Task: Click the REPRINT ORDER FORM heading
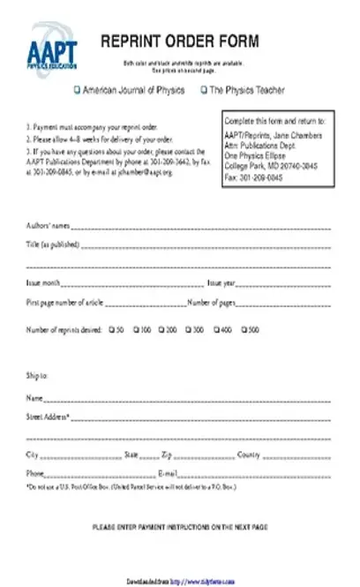179,41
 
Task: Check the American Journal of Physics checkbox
77,90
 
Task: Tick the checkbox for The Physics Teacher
204,90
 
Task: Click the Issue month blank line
132,285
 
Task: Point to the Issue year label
221,282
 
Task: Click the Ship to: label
37,375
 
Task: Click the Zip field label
166,455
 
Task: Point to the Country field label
248,455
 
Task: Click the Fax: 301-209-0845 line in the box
254,177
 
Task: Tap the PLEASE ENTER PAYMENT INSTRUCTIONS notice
179,526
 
